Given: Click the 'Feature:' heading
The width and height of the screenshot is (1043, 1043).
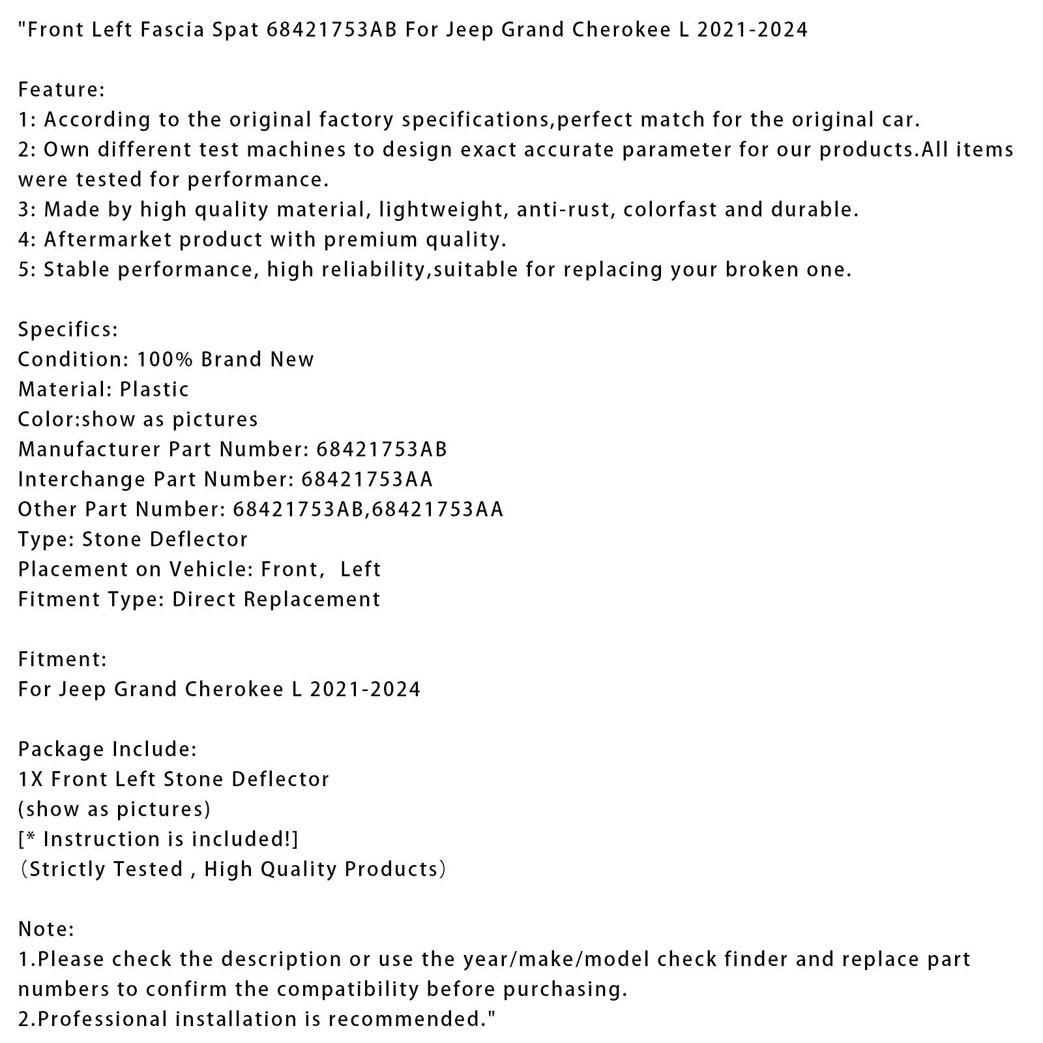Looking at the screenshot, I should click(61, 90).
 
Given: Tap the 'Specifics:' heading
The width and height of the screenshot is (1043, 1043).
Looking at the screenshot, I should click(68, 330).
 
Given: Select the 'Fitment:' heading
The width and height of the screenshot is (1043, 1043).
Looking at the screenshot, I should click(63, 660).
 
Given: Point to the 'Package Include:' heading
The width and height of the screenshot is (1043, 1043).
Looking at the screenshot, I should click(107, 750).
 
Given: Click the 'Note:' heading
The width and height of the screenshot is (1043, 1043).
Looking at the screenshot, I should click(46, 930).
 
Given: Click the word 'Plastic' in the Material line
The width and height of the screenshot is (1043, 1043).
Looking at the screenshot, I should click(154, 390).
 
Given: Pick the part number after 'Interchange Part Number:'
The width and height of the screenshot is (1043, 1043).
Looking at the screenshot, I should click(367, 480).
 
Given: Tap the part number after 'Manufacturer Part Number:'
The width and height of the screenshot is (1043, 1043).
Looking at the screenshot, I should click(382, 450).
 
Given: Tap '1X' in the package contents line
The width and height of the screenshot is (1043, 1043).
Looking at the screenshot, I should click(31, 780).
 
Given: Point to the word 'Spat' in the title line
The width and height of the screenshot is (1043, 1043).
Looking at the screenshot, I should click(235, 30).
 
